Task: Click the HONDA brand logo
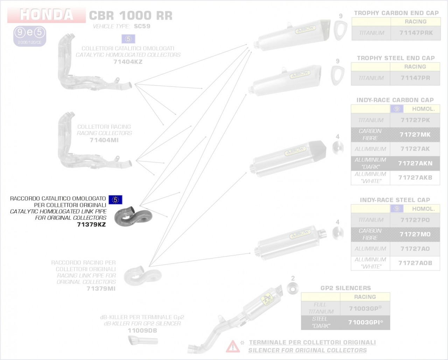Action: point(47,15)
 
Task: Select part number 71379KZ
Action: point(91,224)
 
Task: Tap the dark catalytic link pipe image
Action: point(133,217)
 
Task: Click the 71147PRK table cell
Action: point(416,33)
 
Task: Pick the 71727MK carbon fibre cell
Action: point(415,135)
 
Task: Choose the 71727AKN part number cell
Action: point(415,163)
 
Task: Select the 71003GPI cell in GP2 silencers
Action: point(365,322)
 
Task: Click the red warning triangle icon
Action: point(232,346)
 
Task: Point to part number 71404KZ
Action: point(128,62)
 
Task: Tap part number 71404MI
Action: point(104,140)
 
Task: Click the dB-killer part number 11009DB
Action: point(142,331)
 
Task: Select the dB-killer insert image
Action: point(143,340)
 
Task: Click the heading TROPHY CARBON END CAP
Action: point(396,13)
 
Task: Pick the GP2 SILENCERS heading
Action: point(345,288)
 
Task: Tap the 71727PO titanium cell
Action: point(415,220)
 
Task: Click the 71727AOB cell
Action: point(415,263)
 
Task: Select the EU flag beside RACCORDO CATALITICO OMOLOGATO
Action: point(115,200)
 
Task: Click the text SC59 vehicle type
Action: point(142,26)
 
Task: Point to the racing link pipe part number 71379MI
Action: point(101,289)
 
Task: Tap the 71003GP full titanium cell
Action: point(365,308)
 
